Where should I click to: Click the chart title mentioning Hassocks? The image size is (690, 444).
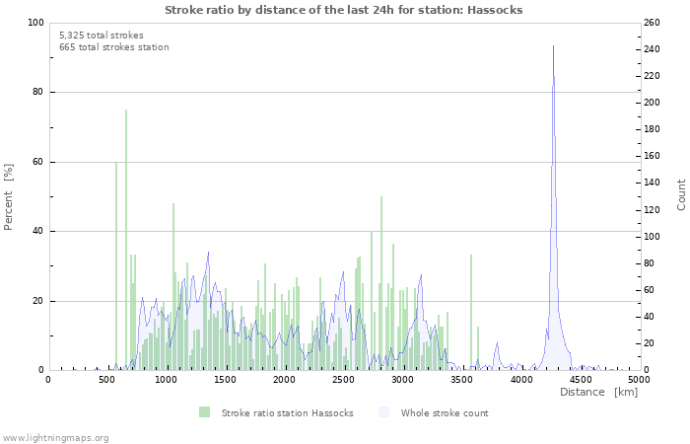tap(343, 10)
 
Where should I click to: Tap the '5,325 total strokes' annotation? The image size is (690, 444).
tap(101, 35)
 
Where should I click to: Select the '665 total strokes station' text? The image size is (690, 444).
tap(113, 47)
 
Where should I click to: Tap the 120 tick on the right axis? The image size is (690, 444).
tap(651, 210)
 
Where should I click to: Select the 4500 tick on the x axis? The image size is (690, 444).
tap(580, 379)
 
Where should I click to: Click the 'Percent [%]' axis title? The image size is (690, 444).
tap(9, 197)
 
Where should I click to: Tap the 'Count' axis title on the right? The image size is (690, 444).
tap(681, 194)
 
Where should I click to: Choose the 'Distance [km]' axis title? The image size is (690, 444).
tap(598, 393)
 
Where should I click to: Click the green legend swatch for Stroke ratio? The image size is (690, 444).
tap(204, 412)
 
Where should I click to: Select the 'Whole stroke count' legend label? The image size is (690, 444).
tap(445, 412)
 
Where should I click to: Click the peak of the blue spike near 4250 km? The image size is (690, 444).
tap(553, 46)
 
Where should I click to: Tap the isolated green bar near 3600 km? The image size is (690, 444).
tap(471, 311)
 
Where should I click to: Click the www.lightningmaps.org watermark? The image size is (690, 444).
tap(55, 437)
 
